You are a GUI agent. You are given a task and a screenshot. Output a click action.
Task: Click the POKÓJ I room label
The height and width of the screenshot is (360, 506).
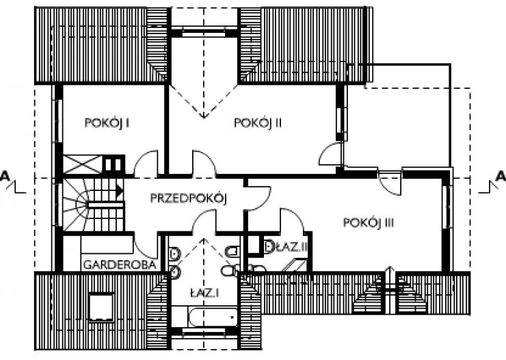[x=107, y=123]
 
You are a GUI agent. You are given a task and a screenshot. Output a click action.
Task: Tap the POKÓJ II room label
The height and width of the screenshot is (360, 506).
[x=258, y=123]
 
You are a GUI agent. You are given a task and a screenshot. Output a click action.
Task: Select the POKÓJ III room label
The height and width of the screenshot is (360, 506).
[x=369, y=223]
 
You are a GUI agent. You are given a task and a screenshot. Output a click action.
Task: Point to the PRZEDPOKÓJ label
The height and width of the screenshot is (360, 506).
[x=189, y=198]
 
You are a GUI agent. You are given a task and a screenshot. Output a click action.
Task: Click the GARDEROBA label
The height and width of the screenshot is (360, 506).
[x=120, y=265]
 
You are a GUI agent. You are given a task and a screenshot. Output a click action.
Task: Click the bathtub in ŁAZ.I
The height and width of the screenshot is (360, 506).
[x=213, y=316]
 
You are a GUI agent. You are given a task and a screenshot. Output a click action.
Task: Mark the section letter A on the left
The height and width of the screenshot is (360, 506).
[x=4, y=176]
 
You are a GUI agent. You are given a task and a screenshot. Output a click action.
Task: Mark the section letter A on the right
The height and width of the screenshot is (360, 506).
[x=501, y=176]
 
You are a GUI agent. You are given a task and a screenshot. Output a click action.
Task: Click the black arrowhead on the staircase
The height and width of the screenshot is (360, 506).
[x=120, y=191]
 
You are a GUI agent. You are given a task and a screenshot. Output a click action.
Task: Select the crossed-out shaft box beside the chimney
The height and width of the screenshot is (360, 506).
[x=82, y=164]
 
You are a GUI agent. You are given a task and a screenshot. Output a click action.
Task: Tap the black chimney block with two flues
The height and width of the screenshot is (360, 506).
[x=114, y=164]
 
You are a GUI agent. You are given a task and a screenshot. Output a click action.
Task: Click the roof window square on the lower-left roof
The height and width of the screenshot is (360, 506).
[x=101, y=307]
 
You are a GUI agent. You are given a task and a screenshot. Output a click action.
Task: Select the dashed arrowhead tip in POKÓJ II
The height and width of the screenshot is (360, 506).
[x=204, y=118]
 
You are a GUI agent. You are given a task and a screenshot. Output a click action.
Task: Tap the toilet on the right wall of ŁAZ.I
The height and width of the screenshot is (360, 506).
[x=232, y=251]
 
